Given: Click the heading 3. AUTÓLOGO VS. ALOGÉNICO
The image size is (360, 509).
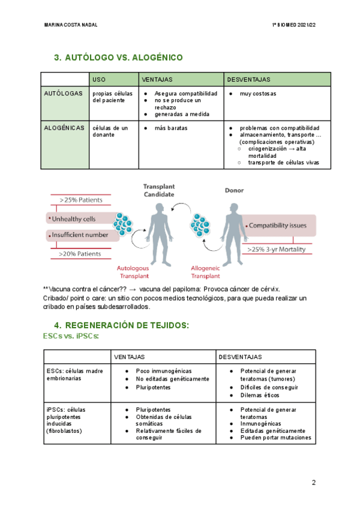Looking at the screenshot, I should pos(118,58).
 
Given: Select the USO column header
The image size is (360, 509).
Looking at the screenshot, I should pos(99,79).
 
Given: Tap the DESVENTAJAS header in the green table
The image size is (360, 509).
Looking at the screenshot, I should pos(249,79).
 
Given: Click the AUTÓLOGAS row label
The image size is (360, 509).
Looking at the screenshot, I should pos(64,94).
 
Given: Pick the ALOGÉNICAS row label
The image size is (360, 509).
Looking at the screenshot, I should pos(64,128).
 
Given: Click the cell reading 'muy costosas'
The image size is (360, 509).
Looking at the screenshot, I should pos(258,94).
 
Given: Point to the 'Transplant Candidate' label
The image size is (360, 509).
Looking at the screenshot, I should pos(159,191).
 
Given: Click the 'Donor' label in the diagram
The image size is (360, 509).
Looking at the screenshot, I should pos(234,190).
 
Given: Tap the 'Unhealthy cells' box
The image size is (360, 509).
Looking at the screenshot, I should pos(73,219).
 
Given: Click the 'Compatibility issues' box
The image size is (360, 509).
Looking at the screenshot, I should pos(277,226).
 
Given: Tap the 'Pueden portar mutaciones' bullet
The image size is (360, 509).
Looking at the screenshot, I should pos(275,438).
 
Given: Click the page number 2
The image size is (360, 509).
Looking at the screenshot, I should pos(313,483).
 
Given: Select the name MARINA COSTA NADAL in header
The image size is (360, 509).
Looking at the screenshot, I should pos(71,25).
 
